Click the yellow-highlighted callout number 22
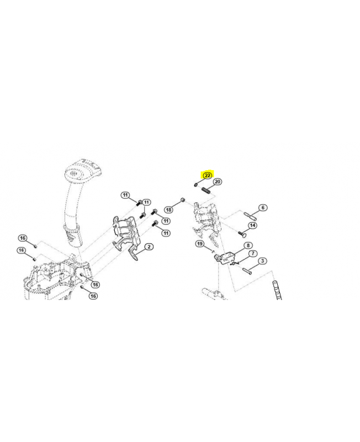[x=207, y=175]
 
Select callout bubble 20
[x=218, y=182]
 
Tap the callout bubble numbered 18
[x=169, y=210]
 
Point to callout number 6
[x=263, y=208]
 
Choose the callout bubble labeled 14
[x=253, y=225]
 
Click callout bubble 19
[x=200, y=244]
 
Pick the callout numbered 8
[x=248, y=245]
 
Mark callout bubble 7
[x=253, y=254]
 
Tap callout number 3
[x=262, y=261]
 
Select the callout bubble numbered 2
[x=149, y=247]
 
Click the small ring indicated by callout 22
[x=195, y=185]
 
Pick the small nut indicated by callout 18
[x=183, y=200]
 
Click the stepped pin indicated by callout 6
[x=250, y=216]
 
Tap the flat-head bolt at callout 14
[x=242, y=234]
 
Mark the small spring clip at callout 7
[x=234, y=264]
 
